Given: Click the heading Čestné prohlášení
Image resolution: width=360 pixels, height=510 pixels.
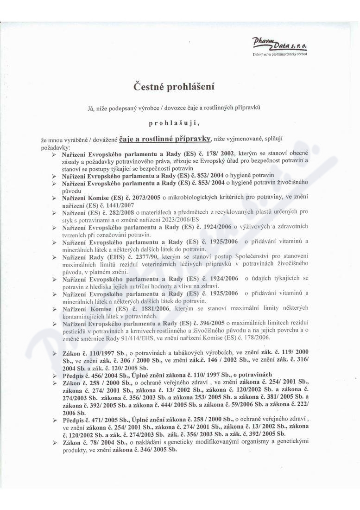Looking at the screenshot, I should (x=174, y=86).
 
